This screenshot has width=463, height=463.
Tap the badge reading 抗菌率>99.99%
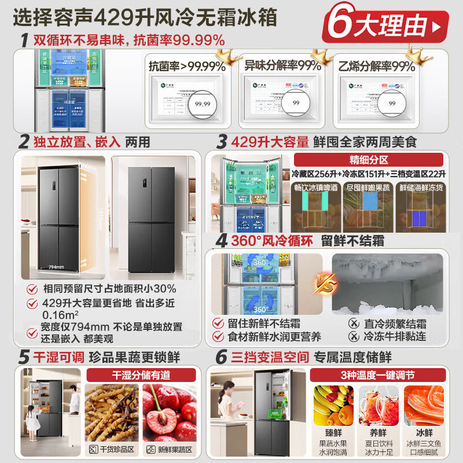(187, 66)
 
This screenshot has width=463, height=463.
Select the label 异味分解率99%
(282, 66)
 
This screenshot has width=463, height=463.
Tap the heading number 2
(24, 141)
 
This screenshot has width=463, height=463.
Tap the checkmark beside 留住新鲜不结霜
(218, 323)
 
